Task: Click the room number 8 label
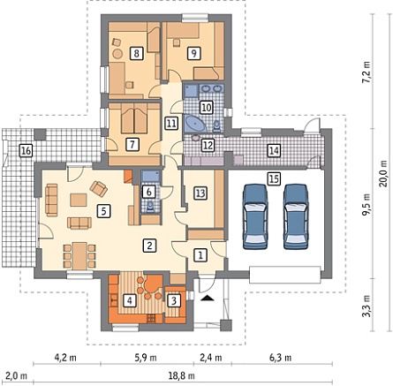point(136,54)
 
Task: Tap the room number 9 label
point(193,53)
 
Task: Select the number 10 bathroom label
point(207,108)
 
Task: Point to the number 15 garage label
point(274,178)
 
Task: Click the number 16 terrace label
point(26,151)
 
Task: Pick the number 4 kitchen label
point(129,300)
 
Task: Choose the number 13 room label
point(200,193)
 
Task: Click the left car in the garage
point(255,216)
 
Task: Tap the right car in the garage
point(296,216)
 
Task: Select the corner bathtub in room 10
point(193,124)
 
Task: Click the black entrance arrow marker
point(208,298)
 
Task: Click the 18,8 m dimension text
point(182,376)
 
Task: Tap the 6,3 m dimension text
point(280,358)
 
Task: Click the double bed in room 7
point(134,118)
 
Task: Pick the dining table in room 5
point(79,256)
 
